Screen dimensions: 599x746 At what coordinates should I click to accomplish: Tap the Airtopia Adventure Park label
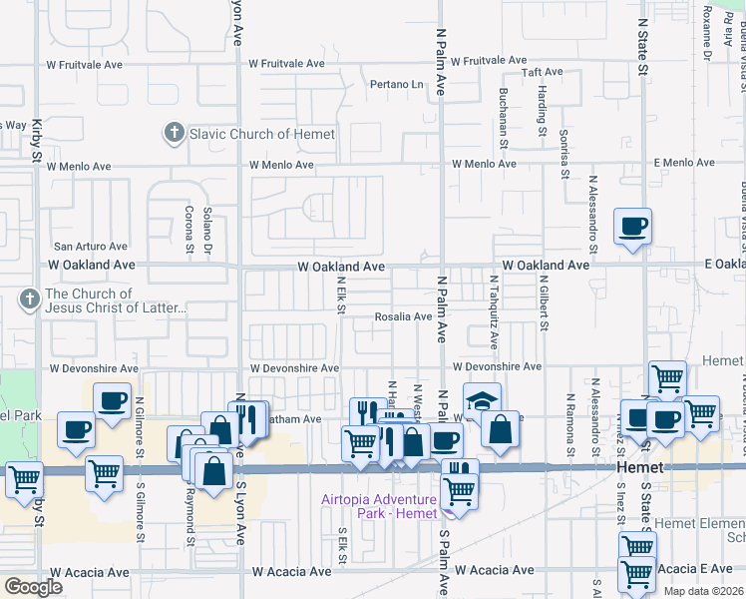click(378, 506)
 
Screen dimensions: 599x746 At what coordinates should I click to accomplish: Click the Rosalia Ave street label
click(403, 316)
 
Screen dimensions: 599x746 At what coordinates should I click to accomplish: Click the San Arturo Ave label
click(91, 247)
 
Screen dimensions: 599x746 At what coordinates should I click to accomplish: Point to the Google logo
click(33, 587)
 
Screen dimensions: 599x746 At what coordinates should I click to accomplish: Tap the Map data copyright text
click(704, 591)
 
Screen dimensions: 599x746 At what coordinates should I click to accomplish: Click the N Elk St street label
click(340, 297)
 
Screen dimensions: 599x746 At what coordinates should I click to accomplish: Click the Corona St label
click(188, 230)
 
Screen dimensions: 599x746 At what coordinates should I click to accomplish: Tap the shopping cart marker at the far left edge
click(23, 479)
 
